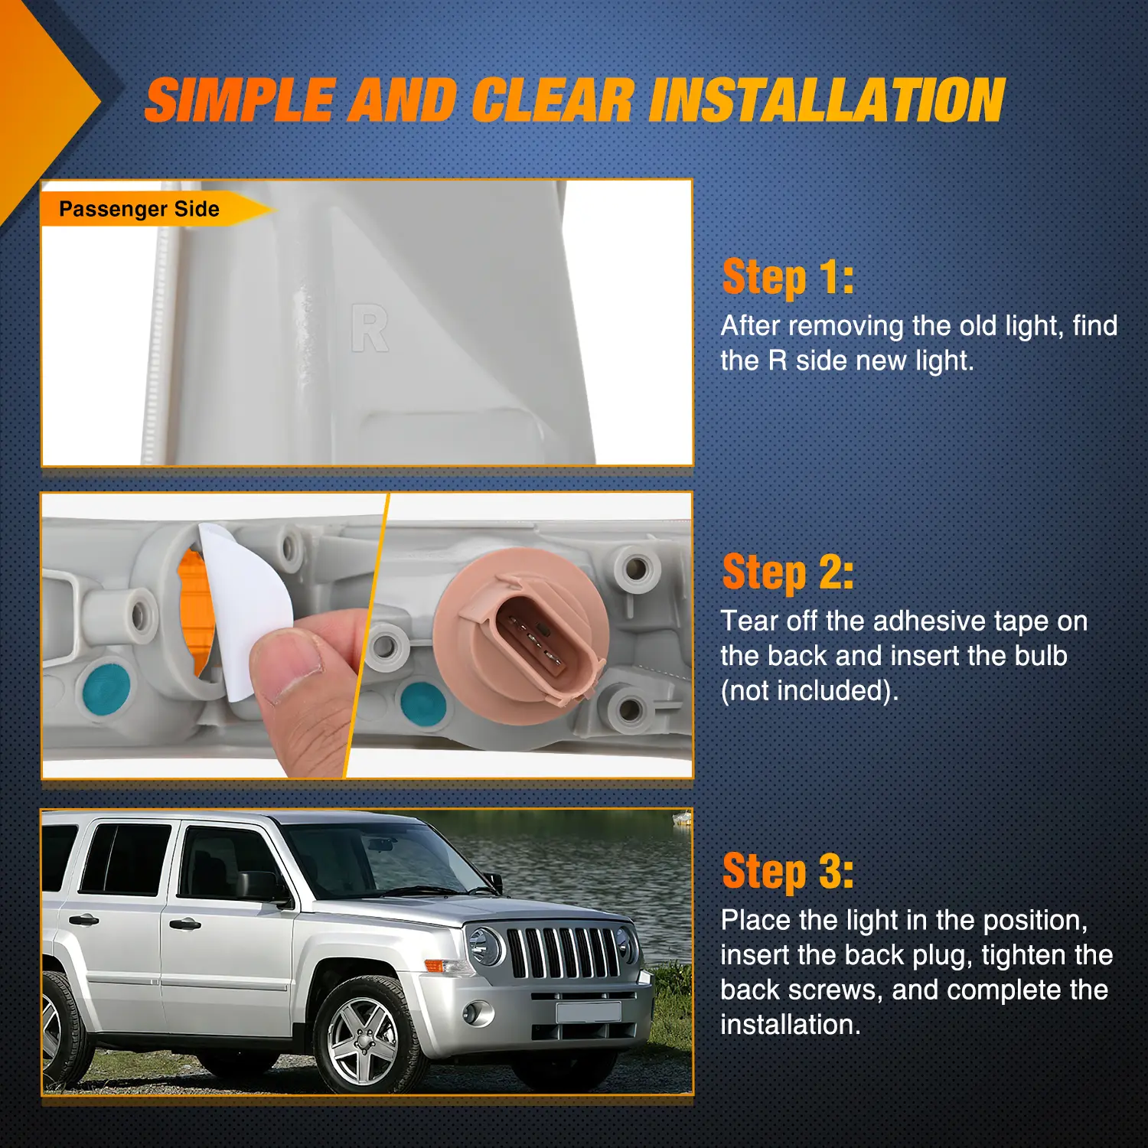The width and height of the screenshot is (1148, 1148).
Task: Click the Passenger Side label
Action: point(139,209)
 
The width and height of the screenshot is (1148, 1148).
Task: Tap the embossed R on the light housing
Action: point(370,328)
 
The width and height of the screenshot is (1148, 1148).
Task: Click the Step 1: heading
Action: point(788,277)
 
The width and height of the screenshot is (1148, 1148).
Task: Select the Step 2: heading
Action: point(788,572)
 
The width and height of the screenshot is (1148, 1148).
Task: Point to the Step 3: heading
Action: point(788,872)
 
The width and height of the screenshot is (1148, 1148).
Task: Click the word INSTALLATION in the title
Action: point(827,100)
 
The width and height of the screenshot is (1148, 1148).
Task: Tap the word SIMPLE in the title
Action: point(240,100)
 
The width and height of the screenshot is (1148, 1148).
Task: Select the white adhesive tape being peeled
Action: point(245,605)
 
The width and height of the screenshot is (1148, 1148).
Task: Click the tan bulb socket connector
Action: point(520,635)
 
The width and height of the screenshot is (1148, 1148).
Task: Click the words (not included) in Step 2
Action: point(810,690)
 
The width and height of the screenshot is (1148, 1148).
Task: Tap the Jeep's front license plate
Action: point(588,1013)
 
